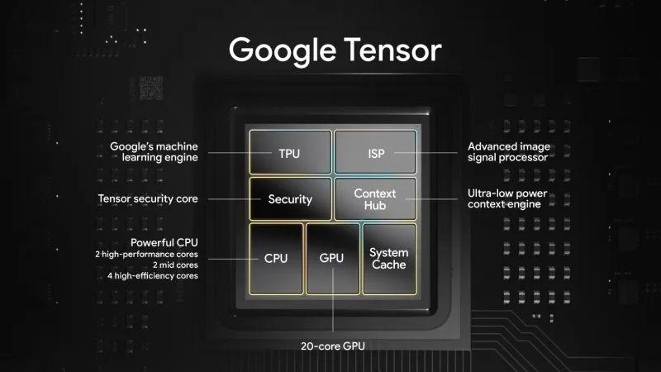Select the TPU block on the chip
[290, 153]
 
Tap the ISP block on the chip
[376, 153]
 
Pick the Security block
[290, 199]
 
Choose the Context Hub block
[375, 198]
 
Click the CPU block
[276, 258]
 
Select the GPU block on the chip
[331, 258]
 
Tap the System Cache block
[388, 258]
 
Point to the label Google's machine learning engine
[155, 152]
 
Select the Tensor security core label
[148, 199]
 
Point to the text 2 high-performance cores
[146, 254]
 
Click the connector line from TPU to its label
[227, 153]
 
